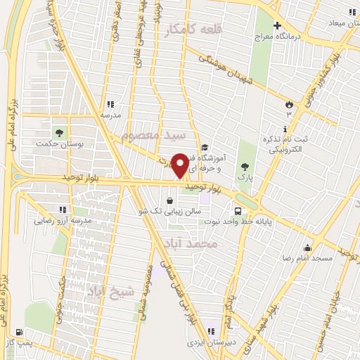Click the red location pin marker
(180, 165)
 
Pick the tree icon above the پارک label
(245, 166)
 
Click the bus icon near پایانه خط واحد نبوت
(238, 210)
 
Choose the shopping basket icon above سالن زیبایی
(169, 200)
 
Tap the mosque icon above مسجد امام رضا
(307, 247)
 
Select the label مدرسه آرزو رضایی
(63, 221)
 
